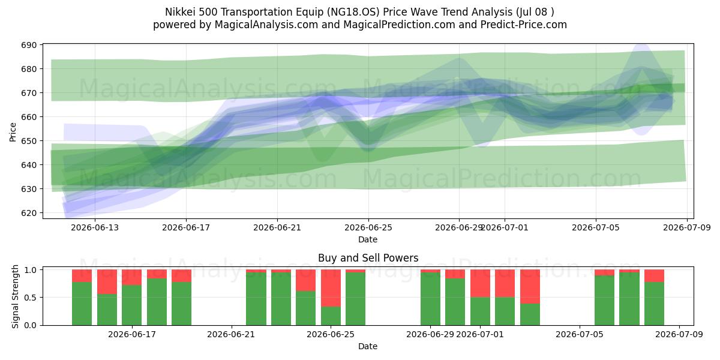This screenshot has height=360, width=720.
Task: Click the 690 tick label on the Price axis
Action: point(29,45)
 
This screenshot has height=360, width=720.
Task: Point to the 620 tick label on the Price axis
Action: point(29,213)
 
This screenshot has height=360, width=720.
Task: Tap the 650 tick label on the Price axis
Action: point(29,141)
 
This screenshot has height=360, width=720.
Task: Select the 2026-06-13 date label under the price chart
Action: point(95,227)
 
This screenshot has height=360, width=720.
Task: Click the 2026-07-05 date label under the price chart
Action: point(596,227)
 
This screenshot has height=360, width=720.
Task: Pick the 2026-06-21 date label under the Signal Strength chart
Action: point(231,334)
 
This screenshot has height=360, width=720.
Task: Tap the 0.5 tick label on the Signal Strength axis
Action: point(30,298)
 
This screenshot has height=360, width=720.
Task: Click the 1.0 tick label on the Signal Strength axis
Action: point(30,269)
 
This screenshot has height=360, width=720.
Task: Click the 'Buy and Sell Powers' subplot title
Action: point(368,258)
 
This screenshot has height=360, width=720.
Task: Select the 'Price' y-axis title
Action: point(13,132)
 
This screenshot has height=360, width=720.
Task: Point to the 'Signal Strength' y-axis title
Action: point(15,296)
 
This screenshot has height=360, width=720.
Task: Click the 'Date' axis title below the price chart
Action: point(368,239)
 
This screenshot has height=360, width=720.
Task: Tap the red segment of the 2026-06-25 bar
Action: point(331,288)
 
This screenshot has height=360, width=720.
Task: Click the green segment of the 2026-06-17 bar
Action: point(132,305)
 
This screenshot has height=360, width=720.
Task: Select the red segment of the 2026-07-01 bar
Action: point(480,283)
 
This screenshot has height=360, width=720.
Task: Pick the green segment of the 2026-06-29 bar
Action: point(430,299)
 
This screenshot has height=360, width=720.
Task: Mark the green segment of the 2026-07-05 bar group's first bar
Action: point(604,300)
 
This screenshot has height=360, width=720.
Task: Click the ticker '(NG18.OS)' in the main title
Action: point(353,12)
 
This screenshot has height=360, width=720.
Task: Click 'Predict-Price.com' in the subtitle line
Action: point(524,25)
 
